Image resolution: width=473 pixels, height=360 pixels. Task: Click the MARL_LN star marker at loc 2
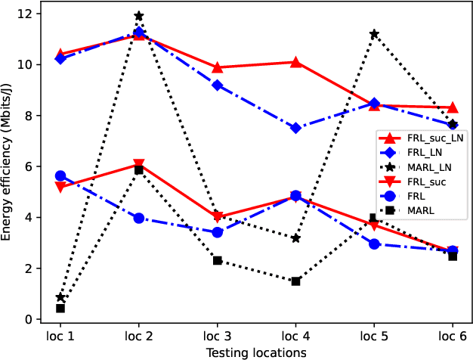pyautogui.click(x=139, y=16)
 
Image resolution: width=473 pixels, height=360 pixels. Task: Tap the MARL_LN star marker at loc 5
pyautogui.click(x=374, y=34)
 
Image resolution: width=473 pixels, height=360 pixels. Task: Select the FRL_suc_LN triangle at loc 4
pyautogui.click(x=295, y=62)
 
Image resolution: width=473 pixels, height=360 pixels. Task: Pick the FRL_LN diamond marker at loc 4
pyautogui.click(x=295, y=129)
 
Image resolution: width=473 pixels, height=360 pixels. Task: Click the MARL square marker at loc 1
pyautogui.click(x=60, y=309)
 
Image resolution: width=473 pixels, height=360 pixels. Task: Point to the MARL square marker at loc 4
pyautogui.click(x=295, y=281)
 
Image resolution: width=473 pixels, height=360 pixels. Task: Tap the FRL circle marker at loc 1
pyautogui.click(x=60, y=175)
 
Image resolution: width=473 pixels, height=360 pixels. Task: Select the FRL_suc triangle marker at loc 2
pyautogui.click(x=139, y=165)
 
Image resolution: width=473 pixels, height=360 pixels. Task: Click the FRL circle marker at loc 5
pyautogui.click(x=374, y=244)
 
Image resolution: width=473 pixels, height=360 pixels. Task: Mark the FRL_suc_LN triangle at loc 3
pyautogui.click(x=218, y=67)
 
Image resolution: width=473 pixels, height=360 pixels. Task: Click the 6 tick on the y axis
pyautogui.click(x=39, y=166)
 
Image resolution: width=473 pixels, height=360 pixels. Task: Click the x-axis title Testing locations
pyautogui.click(x=257, y=352)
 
